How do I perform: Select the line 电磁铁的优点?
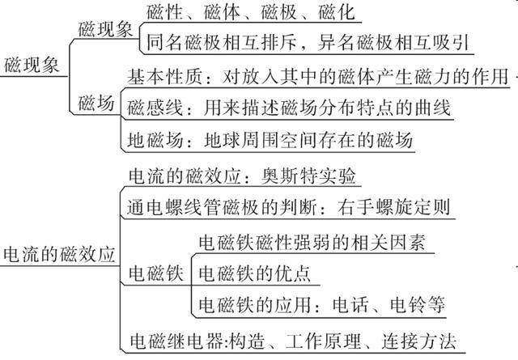click(254, 273)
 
